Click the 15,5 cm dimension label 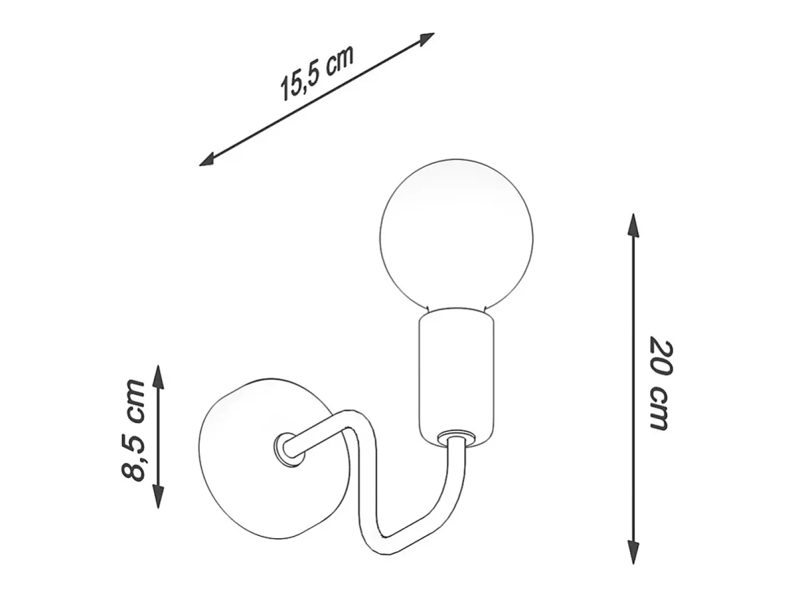(x=316, y=74)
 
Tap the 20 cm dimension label (x=661, y=385)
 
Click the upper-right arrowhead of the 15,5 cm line (x=427, y=38)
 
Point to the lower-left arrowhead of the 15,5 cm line (x=208, y=160)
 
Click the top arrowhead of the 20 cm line (x=633, y=225)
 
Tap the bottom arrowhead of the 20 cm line (x=633, y=553)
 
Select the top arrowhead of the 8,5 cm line (x=158, y=377)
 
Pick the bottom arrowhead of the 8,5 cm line (x=158, y=496)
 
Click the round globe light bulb (x=456, y=236)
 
